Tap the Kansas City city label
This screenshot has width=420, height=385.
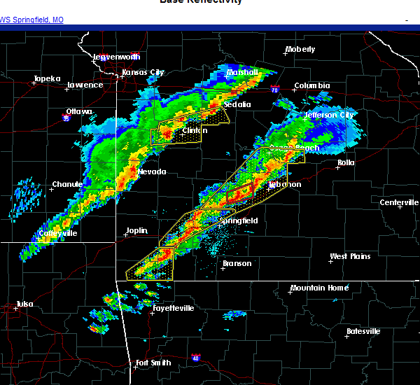pos(143,72)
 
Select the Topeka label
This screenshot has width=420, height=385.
pos(48,78)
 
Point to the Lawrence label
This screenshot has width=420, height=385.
pos(85,85)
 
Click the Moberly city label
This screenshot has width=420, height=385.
pos(300,50)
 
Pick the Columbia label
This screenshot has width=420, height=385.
pos(311,86)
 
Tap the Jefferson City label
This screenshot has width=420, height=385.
pos(329,115)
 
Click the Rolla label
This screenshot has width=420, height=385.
pos(346,162)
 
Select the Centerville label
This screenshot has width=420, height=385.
pos(399,202)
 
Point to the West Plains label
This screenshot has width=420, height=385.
pos(350,256)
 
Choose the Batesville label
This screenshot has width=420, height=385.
pos(364,331)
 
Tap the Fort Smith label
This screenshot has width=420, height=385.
pos(153,363)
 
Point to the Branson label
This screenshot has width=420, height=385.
pos(237,264)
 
